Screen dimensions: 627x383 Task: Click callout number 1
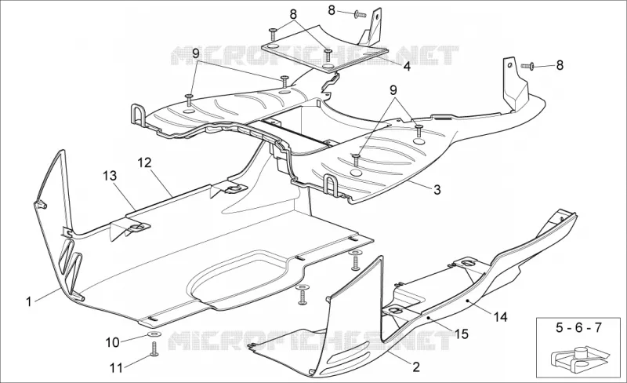[x=28, y=301]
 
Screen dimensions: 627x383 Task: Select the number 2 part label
[x=416, y=367]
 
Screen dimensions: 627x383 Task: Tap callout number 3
[x=437, y=189]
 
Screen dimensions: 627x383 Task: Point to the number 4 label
[x=407, y=66]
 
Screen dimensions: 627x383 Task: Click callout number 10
[x=113, y=342]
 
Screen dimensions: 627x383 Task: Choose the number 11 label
[x=116, y=368]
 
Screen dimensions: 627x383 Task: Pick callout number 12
[x=145, y=162]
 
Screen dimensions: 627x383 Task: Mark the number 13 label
[x=110, y=176]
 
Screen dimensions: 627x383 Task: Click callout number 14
[x=500, y=317]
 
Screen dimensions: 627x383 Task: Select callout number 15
[x=462, y=334]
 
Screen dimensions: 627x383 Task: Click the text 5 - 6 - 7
[x=578, y=327]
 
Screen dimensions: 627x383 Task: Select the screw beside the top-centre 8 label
[x=361, y=15]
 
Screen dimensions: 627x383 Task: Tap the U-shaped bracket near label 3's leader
[x=332, y=185]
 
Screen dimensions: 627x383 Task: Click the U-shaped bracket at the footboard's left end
[x=137, y=115]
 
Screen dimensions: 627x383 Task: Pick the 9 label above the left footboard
[x=195, y=53]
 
